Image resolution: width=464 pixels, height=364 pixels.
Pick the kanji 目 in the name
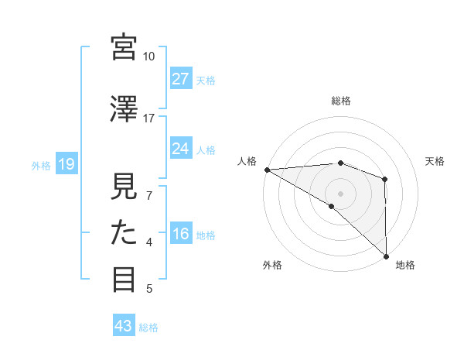pyautogui.click(x=125, y=279)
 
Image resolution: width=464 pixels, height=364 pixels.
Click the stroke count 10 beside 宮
pyautogui.click(x=149, y=57)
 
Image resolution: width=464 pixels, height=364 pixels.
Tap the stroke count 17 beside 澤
pyautogui.click(x=149, y=118)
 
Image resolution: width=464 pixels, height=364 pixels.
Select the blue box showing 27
pyautogui.click(x=181, y=79)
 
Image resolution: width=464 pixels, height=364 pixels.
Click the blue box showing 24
pyautogui.click(x=181, y=149)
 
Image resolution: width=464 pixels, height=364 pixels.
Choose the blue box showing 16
pyautogui.click(x=181, y=234)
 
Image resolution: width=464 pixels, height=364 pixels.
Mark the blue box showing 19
pyautogui.click(x=66, y=164)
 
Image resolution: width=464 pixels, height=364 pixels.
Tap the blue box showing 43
pyautogui.click(x=124, y=326)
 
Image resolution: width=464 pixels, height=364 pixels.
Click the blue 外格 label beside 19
pyautogui.click(x=41, y=165)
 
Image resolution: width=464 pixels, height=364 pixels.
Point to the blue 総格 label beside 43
pyautogui.click(x=148, y=327)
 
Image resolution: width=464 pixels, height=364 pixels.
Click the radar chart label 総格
pyautogui.click(x=341, y=101)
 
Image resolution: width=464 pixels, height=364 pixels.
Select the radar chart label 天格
pyautogui.click(x=435, y=161)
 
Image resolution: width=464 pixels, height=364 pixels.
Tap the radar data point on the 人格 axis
pyautogui.click(x=267, y=169)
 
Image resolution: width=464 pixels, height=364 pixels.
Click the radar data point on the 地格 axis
pyautogui.click(x=385, y=255)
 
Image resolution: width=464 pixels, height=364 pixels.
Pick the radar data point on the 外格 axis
pyautogui.click(x=332, y=206)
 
